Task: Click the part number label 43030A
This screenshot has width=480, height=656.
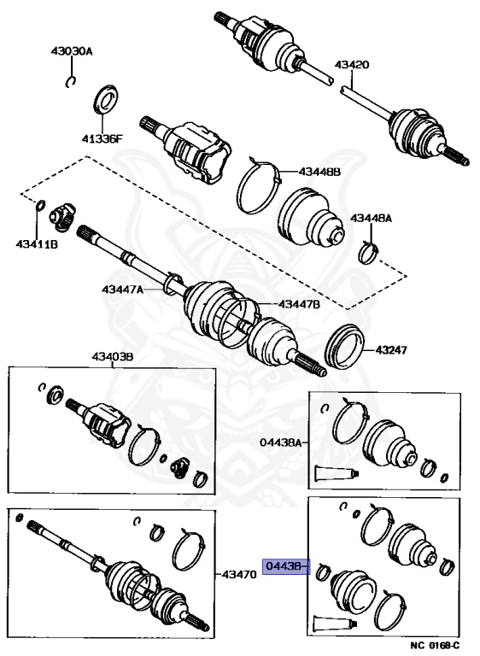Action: (72, 51)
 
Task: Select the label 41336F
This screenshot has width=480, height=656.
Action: (102, 138)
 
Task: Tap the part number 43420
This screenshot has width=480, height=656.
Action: (352, 65)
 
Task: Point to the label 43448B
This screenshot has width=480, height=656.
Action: (319, 172)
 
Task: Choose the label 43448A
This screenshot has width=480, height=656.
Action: (371, 218)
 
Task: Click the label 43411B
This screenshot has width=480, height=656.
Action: (37, 244)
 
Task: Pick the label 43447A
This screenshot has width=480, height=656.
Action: (122, 289)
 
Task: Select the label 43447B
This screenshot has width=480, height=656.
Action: (299, 304)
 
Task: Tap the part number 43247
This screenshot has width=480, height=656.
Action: (391, 349)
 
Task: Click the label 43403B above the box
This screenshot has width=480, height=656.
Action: (112, 357)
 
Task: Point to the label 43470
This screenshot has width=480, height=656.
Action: (238, 574)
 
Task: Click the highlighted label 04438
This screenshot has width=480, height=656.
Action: (284, 566)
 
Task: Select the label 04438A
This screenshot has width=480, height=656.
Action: (280, 442)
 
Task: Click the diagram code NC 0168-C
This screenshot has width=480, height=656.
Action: (435, 645)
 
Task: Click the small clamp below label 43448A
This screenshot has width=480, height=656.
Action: (369, 253)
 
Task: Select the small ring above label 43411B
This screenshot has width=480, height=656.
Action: (40, 205)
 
